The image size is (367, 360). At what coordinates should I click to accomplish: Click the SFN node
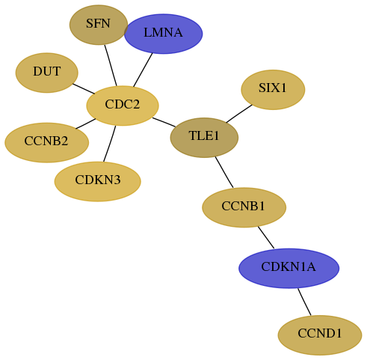point(99,25)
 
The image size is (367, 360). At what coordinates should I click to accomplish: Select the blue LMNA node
point(163,34)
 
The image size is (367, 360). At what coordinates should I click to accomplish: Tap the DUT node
point(47,73)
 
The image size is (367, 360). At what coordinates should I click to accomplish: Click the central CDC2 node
point(123,106)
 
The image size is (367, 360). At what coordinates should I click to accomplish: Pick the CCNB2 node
point(46,142)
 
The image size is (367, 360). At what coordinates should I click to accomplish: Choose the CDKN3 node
point(98,181)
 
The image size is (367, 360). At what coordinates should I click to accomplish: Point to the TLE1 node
point(204,138)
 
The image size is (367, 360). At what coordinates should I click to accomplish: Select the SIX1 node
point(273,90)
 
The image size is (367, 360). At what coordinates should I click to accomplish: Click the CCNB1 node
point(244,207)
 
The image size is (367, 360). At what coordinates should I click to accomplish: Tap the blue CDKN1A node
point(289,268)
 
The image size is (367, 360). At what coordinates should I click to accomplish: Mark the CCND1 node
point(320,335)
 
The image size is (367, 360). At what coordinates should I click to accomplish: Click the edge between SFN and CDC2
point(111,65)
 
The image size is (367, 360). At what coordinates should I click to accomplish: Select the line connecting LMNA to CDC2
point(143,70)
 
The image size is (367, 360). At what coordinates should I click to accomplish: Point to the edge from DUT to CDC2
point(84,89)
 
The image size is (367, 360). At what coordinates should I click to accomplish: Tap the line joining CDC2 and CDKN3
point(109,144)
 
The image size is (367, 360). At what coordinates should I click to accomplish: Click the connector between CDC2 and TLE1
point(164,122)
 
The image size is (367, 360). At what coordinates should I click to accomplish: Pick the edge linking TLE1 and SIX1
point(239,114)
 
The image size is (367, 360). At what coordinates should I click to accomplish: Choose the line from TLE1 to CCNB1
point(224,172)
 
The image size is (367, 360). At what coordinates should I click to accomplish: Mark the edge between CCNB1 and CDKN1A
point(266,237)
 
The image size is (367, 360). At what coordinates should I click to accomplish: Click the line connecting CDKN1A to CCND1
point(304,302)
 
